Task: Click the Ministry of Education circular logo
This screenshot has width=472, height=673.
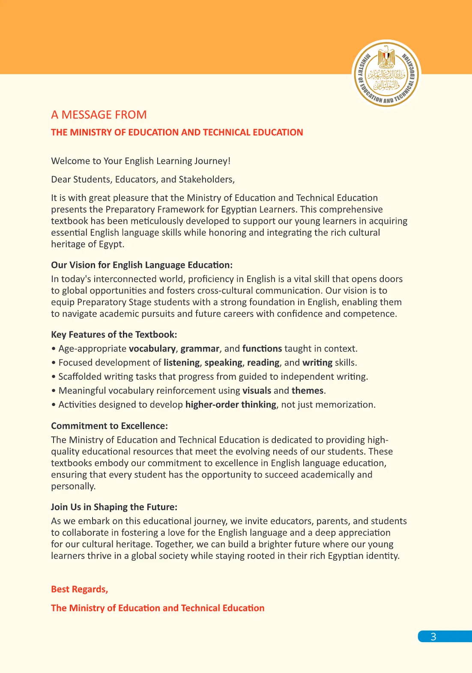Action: [x=386, y=74]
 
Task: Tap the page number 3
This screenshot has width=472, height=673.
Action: [x=433, y=637]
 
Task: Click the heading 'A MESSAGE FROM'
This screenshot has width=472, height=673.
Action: [x=99, y=115]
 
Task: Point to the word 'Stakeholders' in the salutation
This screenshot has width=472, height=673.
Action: [x=206, y=180]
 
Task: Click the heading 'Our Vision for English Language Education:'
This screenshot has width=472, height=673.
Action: [x=142, y=265]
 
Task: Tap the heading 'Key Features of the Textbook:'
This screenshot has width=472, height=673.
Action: [x=114, y=335]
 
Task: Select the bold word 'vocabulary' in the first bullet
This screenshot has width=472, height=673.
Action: [x=152, y=349]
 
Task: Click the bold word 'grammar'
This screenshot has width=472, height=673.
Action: [x=200, y=349]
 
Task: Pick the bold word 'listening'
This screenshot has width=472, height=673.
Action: [x=182, y=363]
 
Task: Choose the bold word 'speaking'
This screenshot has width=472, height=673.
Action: [x=223, y=363]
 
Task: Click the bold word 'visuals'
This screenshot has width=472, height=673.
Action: [x=257, y=391]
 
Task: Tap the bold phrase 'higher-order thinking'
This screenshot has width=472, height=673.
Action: [x=230, y=405]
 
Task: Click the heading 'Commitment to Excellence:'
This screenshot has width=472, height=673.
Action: [x=109, y=426]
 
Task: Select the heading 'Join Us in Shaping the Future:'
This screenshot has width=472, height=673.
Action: [x=114, y=507]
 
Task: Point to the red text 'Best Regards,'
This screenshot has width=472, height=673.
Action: [x=79, y=589]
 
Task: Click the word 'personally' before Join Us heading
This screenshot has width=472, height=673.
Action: [x=72, y=487]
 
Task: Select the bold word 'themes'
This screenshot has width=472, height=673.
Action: [x=307, y=391]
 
